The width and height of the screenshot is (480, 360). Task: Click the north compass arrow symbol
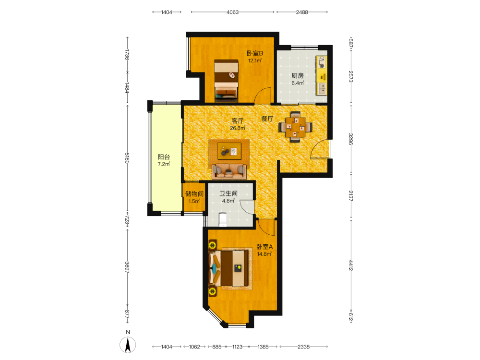coord(128,345)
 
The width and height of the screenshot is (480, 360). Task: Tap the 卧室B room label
coord(255,53)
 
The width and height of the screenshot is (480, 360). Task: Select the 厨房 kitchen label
coord(298,76)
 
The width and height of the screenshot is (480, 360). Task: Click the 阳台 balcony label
coord(164,157)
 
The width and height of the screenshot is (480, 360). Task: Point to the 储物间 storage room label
coord(194,194)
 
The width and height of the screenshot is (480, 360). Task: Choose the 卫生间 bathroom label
coord(228,193)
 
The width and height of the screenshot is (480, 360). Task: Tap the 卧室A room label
coord(264,246)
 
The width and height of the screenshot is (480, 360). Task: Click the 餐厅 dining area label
coord(267,119)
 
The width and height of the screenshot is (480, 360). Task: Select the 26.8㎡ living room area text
coord(238,128)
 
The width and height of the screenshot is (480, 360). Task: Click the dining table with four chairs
coord(295,127)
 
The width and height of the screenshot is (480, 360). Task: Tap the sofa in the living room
coord(229,171)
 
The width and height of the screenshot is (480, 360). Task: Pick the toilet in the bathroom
coord(223,219)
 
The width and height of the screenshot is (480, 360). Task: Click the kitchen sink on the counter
coord(322,89)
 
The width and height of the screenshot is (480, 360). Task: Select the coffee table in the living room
coord(229,151)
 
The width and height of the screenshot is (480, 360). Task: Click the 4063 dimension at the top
coord(233,12)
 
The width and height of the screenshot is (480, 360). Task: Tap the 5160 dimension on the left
coord(127,158)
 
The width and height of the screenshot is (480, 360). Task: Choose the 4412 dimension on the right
coord(351,265)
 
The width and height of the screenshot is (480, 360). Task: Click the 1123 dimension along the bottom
coord(237,347)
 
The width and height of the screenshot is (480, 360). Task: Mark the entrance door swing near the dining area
coord(320,149)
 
